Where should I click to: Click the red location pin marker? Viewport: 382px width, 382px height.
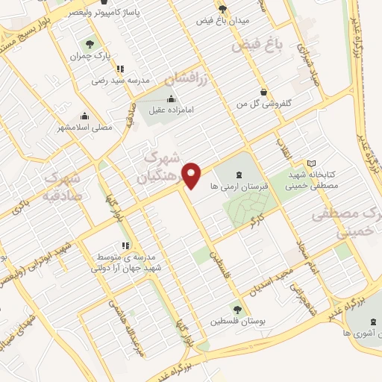pyautogui.click(x=192, y=175)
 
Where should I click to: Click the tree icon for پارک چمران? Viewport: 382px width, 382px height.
pyautogui.click(x=90, y=44)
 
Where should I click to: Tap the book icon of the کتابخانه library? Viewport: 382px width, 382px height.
pyautogui.click(x=311, y=163)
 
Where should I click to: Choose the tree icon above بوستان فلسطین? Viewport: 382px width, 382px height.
pyautogui.click(x=237, y=309)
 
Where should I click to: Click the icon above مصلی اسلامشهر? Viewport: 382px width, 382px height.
pyautogui.click(x=84, y=116)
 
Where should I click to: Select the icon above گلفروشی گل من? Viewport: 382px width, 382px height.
pyautogui.click(x=263, y=93)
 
